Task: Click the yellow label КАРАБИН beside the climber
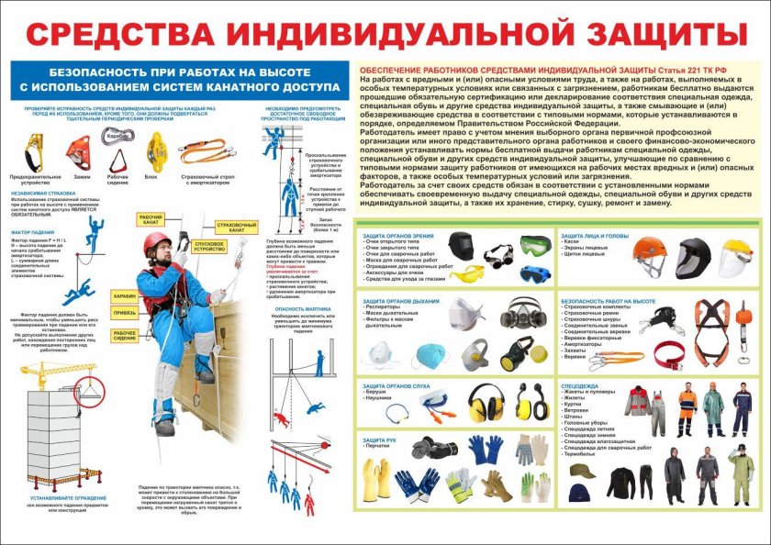point(125,296)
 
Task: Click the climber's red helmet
point(157,241)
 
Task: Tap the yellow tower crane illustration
point(46,385)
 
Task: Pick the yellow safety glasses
point(466,272)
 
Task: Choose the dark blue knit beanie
point(579,493)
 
